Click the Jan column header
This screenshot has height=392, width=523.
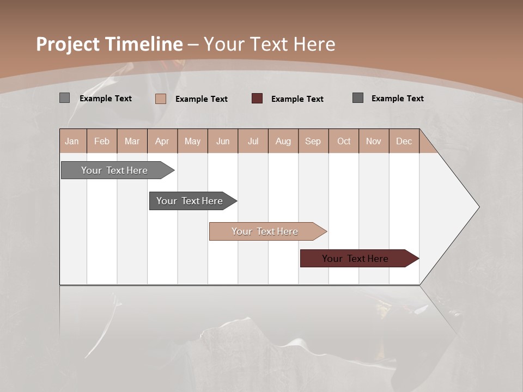point(72,141)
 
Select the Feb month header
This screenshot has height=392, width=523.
point(102,141)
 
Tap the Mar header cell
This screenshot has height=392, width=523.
point(132,141)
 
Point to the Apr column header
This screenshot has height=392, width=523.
point(162,141)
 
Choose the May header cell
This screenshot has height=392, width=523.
point(192,141)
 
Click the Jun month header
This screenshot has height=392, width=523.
point(223,141)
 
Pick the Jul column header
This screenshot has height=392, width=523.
point(253,141)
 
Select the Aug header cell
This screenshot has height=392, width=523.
point(283,141)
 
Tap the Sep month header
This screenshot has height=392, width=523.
point(313,141)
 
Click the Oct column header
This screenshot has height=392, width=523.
point(344,141)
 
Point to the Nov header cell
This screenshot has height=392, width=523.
point(374,141)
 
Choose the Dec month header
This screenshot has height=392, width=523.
point(404,141)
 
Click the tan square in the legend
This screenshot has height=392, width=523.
point(161,99)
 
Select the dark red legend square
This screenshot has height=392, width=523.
point(257,98)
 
